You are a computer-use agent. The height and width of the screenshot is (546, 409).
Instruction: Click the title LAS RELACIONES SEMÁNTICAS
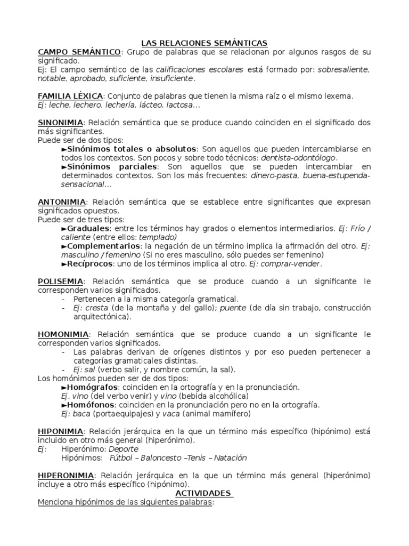(204, 43)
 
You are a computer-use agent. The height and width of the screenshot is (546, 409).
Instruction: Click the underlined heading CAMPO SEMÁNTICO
(79, 52)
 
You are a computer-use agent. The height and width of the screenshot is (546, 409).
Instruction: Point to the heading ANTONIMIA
(62, 202)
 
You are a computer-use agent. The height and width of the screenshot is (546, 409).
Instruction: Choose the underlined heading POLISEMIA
(60, 281)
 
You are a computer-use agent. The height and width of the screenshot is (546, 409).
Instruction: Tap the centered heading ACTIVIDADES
(204, 493)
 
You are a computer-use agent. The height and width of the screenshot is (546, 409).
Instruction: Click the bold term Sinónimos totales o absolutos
(133, 149)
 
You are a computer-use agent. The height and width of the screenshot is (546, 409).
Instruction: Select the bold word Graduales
(88, 228)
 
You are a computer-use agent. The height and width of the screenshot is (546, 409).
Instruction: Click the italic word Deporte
(123, 449)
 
